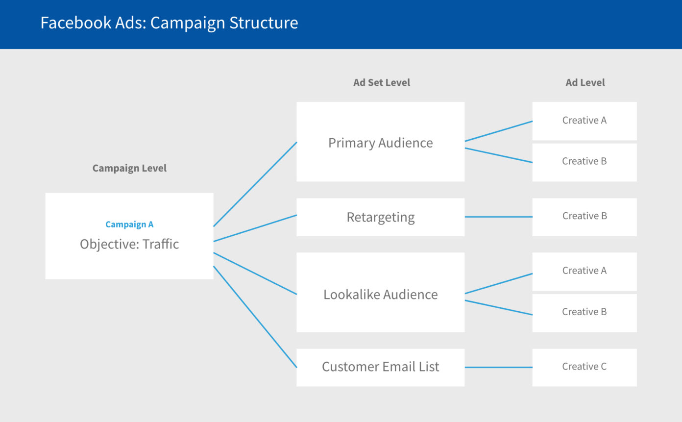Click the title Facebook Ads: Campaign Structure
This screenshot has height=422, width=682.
[x=169, y=23]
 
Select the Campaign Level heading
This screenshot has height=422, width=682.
[x=129, y=168]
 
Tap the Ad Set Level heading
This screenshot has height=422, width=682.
[x=381, y=83]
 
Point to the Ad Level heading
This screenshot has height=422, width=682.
[x=585, y=83]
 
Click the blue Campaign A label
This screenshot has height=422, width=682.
[x=129, y=224]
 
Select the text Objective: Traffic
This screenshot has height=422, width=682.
[x=129, y=244]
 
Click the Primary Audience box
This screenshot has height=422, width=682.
[x=380, y=142]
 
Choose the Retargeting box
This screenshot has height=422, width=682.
[x=380, y=217]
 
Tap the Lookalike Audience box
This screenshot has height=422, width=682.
[x=380, y=294]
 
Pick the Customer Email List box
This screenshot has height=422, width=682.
[x=380, y=367]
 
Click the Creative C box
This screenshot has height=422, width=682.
[x=584, y=367]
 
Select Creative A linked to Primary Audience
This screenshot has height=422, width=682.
[x=584, y=121]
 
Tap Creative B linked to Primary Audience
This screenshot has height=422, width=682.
[x=584, y=162]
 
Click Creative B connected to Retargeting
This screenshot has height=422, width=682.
[x=584, y=216]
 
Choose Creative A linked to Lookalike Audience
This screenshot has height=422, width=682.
[x=584, y=271]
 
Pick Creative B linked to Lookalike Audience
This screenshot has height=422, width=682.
[x=584, y=312]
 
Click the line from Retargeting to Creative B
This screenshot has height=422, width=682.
[x=498, y=217]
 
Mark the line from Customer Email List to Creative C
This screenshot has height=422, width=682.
[x=498, y=367]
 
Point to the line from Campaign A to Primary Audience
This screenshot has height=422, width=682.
[x=255, y=184]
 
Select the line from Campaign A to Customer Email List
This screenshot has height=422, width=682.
[x=255, y=317]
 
